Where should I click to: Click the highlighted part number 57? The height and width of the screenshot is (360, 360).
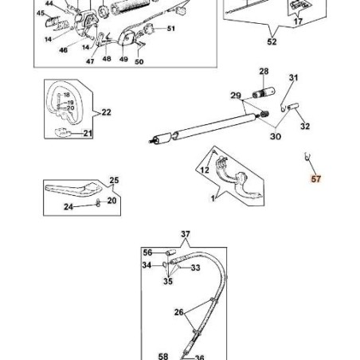pyautogui.click(x=316, y=180)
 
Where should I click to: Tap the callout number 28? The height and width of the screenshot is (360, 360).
pyautogui.click(x=264, y=72)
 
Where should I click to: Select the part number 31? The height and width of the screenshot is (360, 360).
pyautogui.click(x=293, y=78)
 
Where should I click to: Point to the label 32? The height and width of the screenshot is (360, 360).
pyautogui.click(x=305, y=126)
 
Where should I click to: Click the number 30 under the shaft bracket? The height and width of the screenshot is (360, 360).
pyautogui.click(x=276, y=137)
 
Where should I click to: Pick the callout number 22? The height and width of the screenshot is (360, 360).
pyautogui.click(x=107, y=113)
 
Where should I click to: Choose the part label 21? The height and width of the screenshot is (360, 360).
pyautogui.click(x=88, y=133)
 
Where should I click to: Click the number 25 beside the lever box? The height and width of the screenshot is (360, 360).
pyautogui.click(x=113, y=180)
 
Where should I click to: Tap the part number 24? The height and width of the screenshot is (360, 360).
pyautogui.click(x=68, y=207)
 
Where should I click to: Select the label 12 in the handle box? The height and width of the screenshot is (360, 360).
pyautogui.click(x=204, y=169)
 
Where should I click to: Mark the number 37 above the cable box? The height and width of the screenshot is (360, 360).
pyautogui.click(x=186, y=234)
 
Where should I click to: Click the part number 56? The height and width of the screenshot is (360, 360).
pyautogui.click(x=147, y=252)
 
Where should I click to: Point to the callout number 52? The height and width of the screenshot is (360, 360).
pyautogui.click(x=272, y=41)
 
